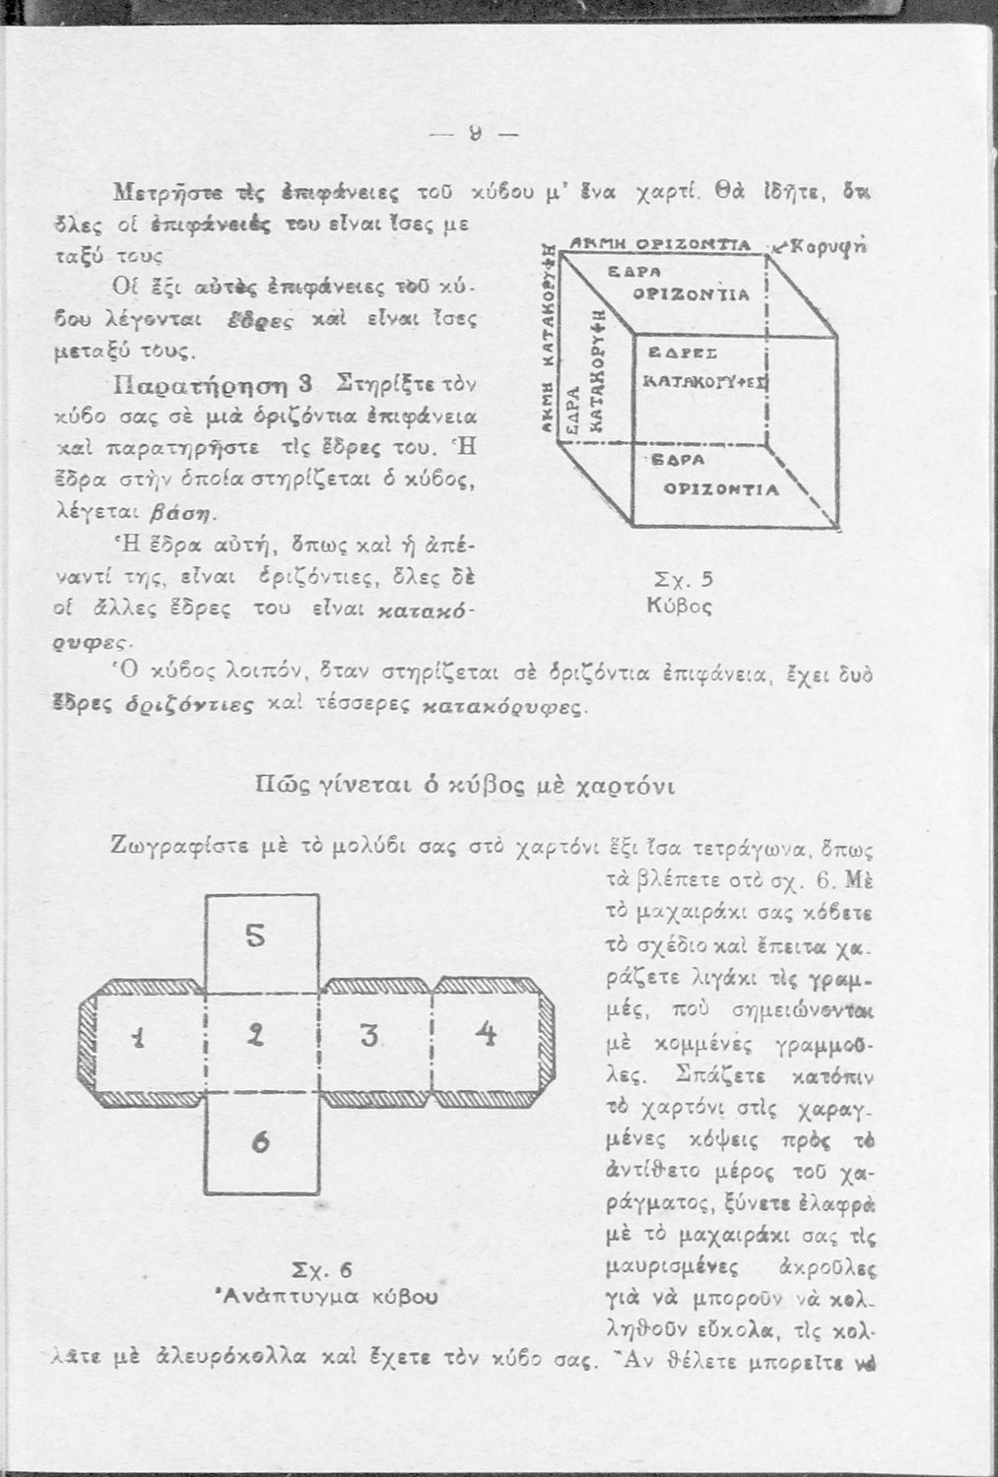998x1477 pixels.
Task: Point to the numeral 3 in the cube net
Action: tap(369, 1036)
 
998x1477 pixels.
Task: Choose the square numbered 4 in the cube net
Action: tap(485, 1035)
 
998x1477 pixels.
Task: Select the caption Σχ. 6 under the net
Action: tap(322, 1268)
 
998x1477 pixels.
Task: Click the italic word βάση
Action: tap(192, 511)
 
